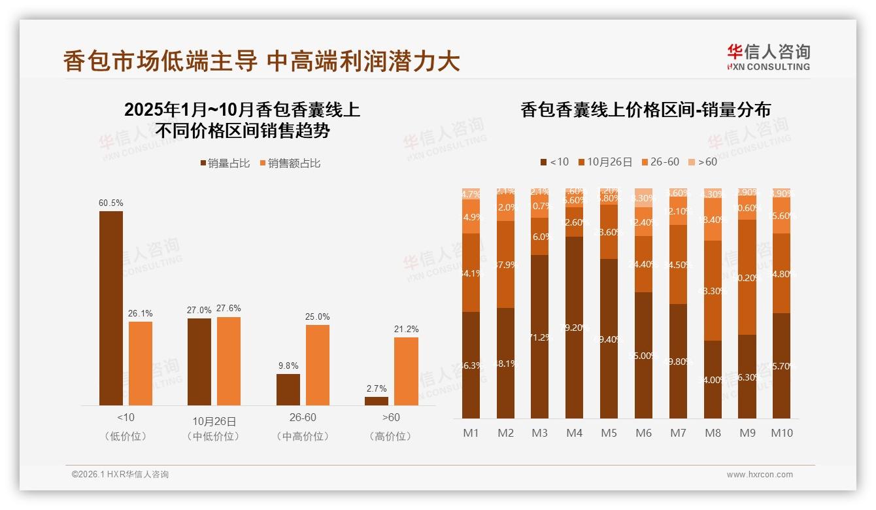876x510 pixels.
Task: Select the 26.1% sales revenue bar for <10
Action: click(x=141, y=363)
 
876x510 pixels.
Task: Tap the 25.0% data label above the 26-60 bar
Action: click(x=317, y=317)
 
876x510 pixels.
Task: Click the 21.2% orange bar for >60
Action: click(x=406, y=371)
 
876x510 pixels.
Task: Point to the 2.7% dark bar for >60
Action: click(x=377, y=401)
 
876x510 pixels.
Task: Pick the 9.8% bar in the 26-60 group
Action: click(x=288, y=389)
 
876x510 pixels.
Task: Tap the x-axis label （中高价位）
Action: click(x=303, y=436)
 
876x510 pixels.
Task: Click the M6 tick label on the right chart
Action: click(x=644, y=433)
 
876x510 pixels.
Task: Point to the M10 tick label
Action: click(x=782, y=433)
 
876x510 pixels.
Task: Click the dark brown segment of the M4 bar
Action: click(x=575, y=327)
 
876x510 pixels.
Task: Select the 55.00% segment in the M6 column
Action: click(x=644, y=355)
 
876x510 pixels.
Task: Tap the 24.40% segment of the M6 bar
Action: click(x=644, y=264)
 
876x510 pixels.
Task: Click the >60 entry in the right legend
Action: click(x=707, y=161)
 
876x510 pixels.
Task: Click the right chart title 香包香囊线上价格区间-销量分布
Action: click(x=645, y=110)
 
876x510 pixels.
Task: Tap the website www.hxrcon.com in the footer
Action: click(x=760, y=475)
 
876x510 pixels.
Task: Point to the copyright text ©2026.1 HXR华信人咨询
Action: click(x=120, y=475)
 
